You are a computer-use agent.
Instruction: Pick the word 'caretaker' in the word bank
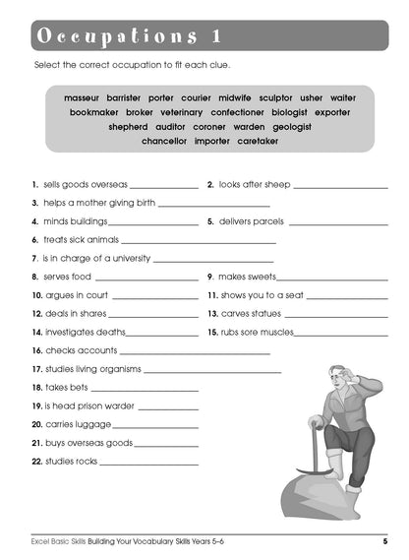coord(255,141)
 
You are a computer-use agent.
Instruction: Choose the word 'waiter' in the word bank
coord(343,98)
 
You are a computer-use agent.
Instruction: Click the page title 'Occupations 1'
coord(128,36)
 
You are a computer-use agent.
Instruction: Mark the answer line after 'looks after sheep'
coord(339,186)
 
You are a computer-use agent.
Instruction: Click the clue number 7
coord(33,259)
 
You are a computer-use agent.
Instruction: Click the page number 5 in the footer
coord(384,541)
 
